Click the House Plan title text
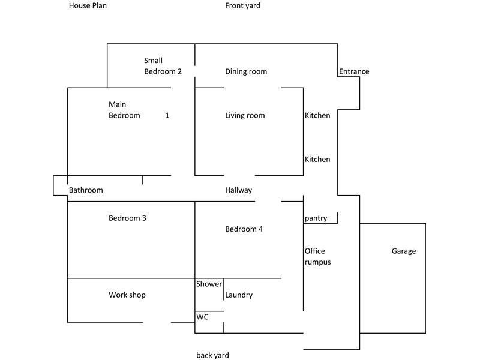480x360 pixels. [x=88, y=6]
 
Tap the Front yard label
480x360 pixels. [x=243, y=6]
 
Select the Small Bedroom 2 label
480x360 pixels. [x=163, y=66]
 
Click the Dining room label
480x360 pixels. [x=246, y=71]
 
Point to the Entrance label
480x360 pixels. [x=354, y=71]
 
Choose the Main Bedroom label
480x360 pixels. [x=124, y=110]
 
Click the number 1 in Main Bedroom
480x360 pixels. [x=167, y=115]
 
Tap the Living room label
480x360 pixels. [x=245, y=115]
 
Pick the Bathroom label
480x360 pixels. [x=86, y=190]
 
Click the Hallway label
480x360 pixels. [x=239, y=190]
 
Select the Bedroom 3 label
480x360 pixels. [x=127, y=218]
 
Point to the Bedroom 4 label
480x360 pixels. [x=244, y=229]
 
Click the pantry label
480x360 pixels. [x=316, y=218]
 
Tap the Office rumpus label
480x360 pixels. [x=317, y=256]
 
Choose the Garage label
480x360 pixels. [x=404, y=251]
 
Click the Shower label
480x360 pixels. [x=209, y=284]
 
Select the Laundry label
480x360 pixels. [x=239, y=295]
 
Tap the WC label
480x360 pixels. [x=203, y=317]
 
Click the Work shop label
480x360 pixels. [x=127, y=295]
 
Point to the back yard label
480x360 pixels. [x=212, y=355]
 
